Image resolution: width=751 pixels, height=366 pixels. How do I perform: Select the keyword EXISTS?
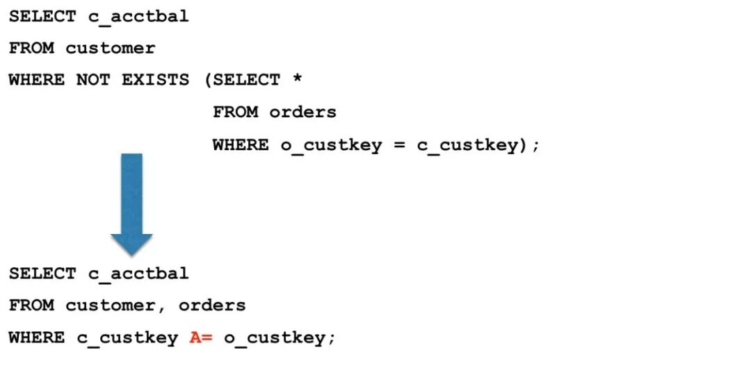point(155,80)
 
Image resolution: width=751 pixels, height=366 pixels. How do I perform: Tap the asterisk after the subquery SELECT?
point(297,80)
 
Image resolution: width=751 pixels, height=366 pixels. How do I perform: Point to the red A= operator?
point(201,338)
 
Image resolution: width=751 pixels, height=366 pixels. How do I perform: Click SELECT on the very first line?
point(42,16)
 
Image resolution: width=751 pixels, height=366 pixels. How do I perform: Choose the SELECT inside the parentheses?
point(246,80)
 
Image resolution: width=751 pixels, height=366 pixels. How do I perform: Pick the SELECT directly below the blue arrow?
point(42,273)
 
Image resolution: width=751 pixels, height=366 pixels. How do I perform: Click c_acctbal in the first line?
point(138,17)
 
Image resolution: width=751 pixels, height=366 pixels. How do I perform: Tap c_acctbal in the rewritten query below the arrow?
point(138,274)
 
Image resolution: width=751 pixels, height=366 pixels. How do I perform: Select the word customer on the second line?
point(111,48)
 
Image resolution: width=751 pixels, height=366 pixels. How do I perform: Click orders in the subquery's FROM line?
point(302,112)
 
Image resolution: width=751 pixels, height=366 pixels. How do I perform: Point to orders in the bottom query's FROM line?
point(212,305)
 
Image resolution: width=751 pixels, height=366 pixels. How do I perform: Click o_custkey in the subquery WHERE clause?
point(330,145)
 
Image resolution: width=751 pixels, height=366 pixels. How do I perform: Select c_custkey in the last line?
point(127,338)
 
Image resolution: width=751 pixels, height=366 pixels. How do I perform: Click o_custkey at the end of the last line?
point(275,338)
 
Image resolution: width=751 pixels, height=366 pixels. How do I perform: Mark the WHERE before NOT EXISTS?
point(37,80)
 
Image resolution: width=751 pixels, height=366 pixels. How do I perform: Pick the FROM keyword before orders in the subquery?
point(235,112)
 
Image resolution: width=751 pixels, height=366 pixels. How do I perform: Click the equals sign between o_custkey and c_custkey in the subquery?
point(398,145)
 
